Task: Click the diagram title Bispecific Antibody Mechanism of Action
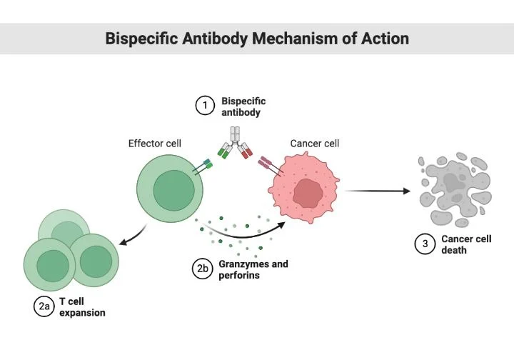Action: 257,38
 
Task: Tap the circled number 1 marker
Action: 206,106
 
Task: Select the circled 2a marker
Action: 44,306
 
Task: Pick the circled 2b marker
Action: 203,269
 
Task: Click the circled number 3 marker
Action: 425,244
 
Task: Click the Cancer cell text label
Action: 314,144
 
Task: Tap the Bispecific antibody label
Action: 243,107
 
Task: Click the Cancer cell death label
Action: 465,244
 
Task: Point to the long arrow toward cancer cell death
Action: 378,191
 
